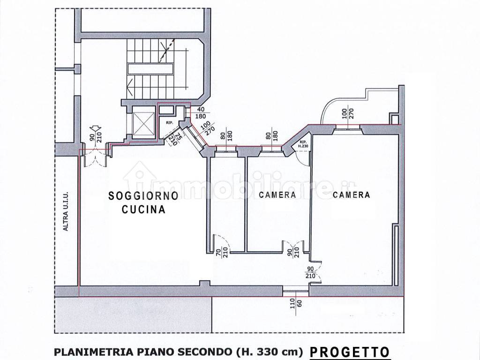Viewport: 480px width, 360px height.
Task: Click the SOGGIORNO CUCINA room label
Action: (143, 203)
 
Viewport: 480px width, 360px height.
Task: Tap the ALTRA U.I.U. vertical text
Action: (67, 214)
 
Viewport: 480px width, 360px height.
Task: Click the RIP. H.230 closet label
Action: (302, 144)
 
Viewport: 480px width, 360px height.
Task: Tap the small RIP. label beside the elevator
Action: (169, 123)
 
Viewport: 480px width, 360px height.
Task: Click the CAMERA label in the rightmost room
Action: (352, 195)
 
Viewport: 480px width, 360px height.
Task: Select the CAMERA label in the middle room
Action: (277, 195)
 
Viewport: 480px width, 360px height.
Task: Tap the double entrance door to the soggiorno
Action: (94, 157)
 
